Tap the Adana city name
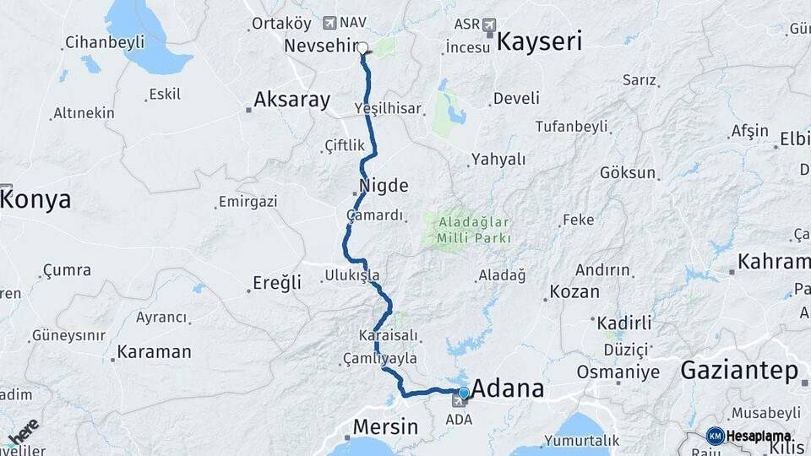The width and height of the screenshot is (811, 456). [x=508, y=389]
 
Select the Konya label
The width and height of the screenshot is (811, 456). [x=36, y=199]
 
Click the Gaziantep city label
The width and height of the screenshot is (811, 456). [x=738, y=370]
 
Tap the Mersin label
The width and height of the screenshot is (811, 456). [x=385, y=426]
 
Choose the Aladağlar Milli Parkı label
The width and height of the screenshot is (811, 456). [x=474, y=231]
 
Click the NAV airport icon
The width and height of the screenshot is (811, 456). [x=329, y=22]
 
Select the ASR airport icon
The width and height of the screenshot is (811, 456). [x=489, y=25]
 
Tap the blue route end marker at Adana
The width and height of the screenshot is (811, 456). [x=463, y=393]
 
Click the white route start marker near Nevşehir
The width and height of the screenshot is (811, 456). [x=362, y=48]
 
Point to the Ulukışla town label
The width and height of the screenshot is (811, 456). [x=352, y=275]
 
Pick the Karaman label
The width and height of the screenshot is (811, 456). [x=154, y=351]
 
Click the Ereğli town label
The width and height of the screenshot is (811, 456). [x=277, y=283]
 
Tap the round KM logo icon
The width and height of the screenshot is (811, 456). [x=715, y=436]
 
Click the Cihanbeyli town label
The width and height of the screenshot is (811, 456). [x=104, y=41]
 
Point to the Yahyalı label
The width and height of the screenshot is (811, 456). [x=498, y=159]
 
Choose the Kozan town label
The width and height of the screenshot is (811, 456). [x=574, y=292]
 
